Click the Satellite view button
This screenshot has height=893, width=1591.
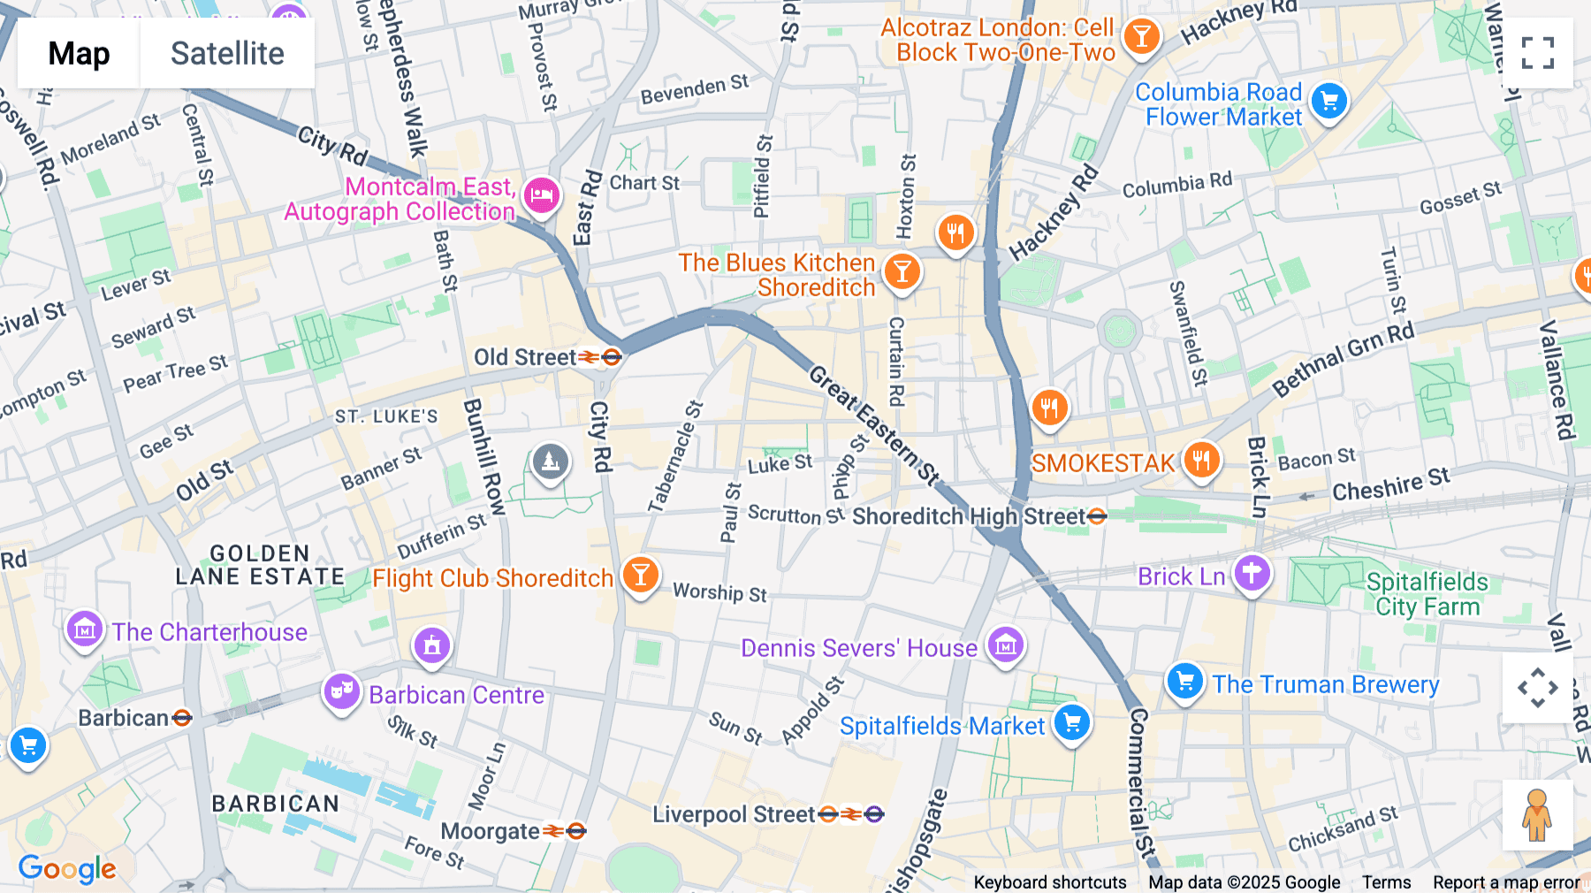pyautogui.click(x=227, y=53)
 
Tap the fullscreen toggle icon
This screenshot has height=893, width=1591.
pyautogui.click(x=1537, y=53)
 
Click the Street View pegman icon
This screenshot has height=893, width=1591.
pyautogui.click(x=1537, y=814)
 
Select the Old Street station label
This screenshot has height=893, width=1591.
pyautogui.click(x=525, y=357)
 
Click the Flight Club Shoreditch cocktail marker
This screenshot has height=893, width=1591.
pyautogui.click(x=640, y=575)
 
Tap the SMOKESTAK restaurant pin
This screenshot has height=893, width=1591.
pyautogui.click(x=1201, y=460)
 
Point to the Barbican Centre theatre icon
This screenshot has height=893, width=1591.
pyautogui.click(x=341, y=691)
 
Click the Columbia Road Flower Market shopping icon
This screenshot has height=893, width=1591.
pyautogui.click(x=1328, y=101)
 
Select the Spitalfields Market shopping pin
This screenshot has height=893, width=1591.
pyautogui.click(x=1072, y=722)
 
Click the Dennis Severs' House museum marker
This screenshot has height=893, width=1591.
pyautogui.click(x=1005, y=645)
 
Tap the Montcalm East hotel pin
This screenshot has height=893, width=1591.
pyautogui.click(x=542, y=195)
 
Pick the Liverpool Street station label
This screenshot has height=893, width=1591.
pyautogui.click(x=734, y=814)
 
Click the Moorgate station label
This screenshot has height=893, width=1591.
pyautogui.click(x=491, y=831)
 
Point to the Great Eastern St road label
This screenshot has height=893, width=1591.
pyautogui.click(x=873, y=425)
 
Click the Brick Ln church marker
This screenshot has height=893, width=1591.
pyautogui.click(x=1252, y=573)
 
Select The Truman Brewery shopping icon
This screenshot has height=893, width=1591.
pyautogui.click(x=1184, y=681)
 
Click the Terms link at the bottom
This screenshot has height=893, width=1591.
pyautogui.click(x=1386, y=882)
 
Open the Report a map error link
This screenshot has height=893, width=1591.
pyautogui.click(x=1506, y=882)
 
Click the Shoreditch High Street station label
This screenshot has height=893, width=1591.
pyautogui.click(x=968, y=516)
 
